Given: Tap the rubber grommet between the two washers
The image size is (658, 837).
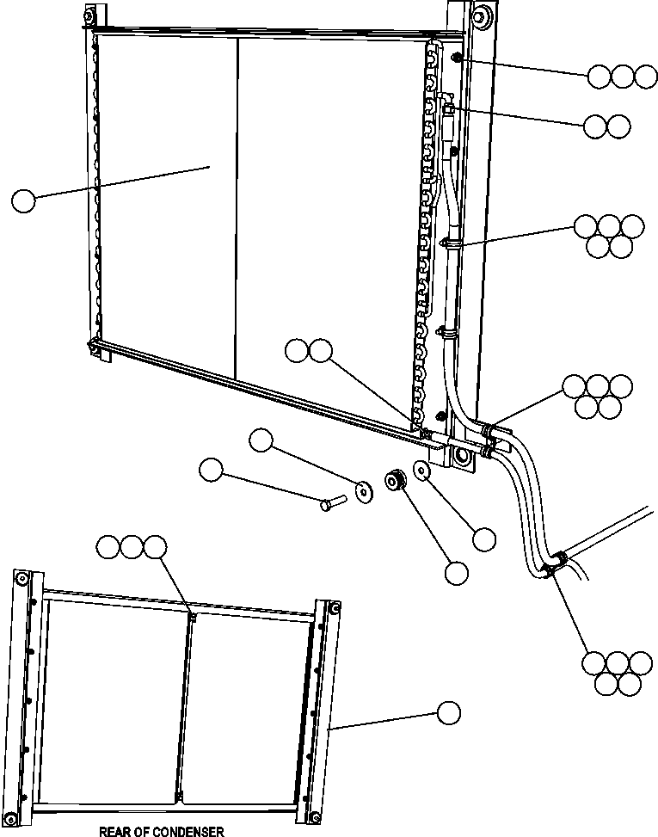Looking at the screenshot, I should pos(396,480).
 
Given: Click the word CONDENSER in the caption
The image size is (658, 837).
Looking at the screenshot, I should pos(186,831).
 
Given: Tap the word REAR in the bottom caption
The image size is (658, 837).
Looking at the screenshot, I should pos(114,831).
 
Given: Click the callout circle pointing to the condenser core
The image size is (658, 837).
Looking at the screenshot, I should pos(23,201).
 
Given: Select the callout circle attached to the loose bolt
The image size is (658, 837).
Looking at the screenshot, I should pos(210,470).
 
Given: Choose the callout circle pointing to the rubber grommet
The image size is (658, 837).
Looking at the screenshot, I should pos(456,573).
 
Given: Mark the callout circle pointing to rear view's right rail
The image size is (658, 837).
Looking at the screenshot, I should pos(448,712).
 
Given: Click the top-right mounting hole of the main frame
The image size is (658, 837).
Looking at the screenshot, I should pos(477,15).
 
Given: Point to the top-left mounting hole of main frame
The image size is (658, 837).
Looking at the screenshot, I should pos(88,14).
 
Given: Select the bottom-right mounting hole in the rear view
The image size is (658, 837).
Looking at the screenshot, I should pos(316,816).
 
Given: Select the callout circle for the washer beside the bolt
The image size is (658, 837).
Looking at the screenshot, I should pos(260,442).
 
